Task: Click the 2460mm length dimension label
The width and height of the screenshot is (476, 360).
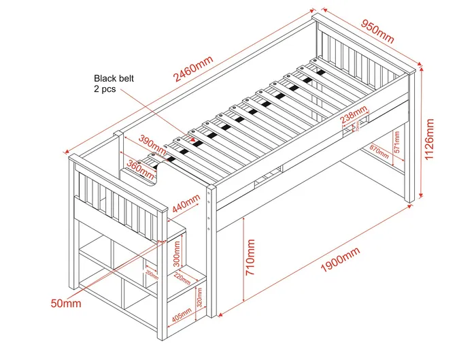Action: click(x=193, y=70)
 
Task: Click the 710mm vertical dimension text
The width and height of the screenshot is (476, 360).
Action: click(x=252, y=261)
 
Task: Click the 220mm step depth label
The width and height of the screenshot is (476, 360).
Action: click(x=182, y=278)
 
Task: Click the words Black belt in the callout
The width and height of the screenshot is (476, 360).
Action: click(x=114, y=78)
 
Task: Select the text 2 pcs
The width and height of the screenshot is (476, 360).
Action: click(x=105, y=89)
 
